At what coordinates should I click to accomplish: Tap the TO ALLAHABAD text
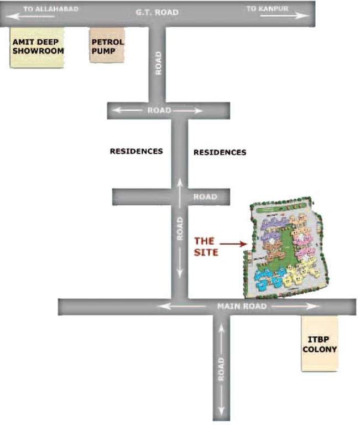click(51, 9)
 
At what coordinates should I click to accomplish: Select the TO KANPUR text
click(268, 8)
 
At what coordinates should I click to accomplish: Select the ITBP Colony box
click(319, 344)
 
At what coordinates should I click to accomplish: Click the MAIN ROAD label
click(242, 306)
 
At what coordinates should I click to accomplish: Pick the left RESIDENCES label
click(136, 151)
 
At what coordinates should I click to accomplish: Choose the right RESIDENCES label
click(220, 152)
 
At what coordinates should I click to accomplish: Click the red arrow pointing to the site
click(232, 242)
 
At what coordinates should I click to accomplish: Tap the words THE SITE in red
click(206, 247)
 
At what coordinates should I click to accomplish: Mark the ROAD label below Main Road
click(221, 368)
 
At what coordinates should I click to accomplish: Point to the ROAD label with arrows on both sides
click(159, 111)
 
